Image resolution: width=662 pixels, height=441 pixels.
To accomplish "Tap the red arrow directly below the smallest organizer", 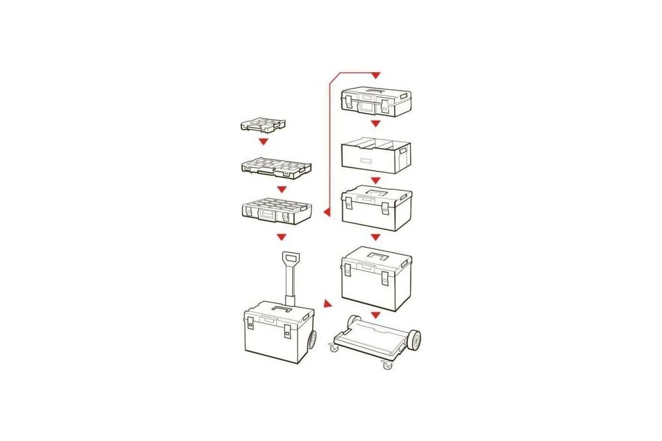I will (x=264, y=142).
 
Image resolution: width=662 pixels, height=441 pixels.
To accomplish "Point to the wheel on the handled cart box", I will (x=312, y=340).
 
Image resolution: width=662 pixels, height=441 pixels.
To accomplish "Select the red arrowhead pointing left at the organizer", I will (x=327, y=212).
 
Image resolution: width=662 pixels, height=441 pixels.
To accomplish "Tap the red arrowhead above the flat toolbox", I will (x=376, y=75).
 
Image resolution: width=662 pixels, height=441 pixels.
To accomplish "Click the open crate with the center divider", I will (x=376, y=156).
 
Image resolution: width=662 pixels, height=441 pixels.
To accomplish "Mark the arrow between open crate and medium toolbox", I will (x=376, y=181).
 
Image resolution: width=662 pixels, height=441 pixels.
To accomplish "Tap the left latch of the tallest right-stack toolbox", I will (x=348, y=270).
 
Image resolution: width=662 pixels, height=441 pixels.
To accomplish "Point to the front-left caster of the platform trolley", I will (x=334, y=348).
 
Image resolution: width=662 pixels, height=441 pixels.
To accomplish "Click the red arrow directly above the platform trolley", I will (x=376, y=315).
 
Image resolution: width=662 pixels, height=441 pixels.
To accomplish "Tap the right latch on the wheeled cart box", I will (x=287, y=331).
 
